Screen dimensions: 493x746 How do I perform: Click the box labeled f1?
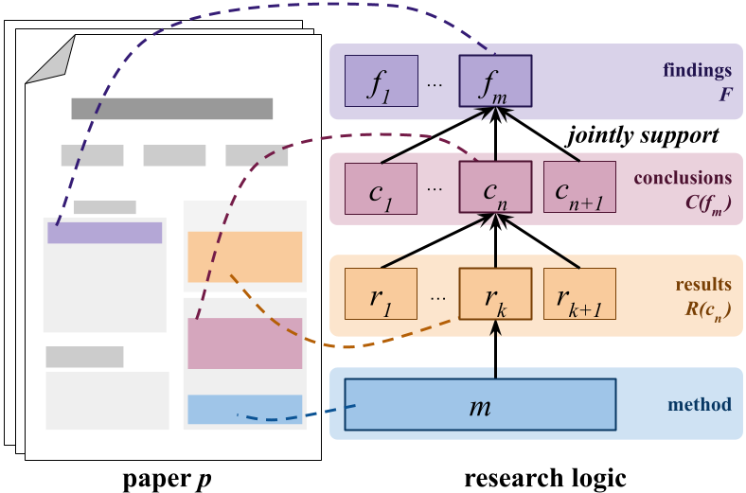click(382, 80)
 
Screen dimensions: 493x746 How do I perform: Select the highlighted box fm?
click(495, 80)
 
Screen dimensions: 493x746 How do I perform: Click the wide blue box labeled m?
click(480, 405)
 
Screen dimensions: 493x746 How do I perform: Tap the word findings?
click(698, 71)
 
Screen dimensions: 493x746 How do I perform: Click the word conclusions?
click(683, 178)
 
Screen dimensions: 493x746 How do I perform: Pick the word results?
click(703, 284)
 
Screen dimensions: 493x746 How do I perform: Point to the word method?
click(700, 405)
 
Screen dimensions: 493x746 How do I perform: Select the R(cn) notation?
click(708, 308)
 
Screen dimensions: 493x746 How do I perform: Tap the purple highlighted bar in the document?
click(105, 233)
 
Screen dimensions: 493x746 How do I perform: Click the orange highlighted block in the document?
click(244, 256)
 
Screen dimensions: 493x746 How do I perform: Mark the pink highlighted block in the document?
click(244, 343)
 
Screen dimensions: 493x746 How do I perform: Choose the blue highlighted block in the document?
click(244, 409)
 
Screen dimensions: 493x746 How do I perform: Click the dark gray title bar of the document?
click(171, 109)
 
